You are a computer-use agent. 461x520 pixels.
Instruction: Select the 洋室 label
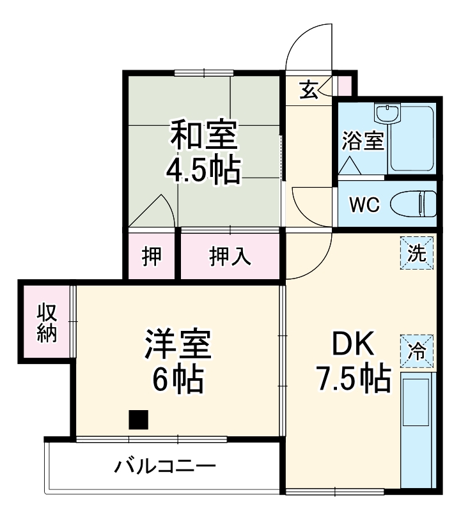pyautogui.click(x=178, y=345)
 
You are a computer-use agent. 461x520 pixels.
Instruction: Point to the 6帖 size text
pyautogui.click(x=178, y=381)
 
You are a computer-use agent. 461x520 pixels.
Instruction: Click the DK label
pyautogui.click(x=352, y=345)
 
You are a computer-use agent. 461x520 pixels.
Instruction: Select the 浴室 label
pyautogui.click(x=363, y=141)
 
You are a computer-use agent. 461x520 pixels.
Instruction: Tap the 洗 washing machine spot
pyautogui.click(x=417, y=253)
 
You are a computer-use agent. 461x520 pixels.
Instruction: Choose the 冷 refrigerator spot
pyautogui.click(x=417, y=351)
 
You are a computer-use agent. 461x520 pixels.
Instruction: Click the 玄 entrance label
pyautogui.click(x=309, y=89)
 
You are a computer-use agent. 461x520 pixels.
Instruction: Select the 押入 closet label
pyautogui.click(x=230, y=257)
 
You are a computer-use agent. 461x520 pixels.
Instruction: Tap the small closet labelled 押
pyautogui.click(x=152, y=257)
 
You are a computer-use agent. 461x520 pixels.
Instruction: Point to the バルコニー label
pyautogui.click(x=165, y=466)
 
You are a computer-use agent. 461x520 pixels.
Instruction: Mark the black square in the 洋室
pyautogui.click(x=138, y=419)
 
